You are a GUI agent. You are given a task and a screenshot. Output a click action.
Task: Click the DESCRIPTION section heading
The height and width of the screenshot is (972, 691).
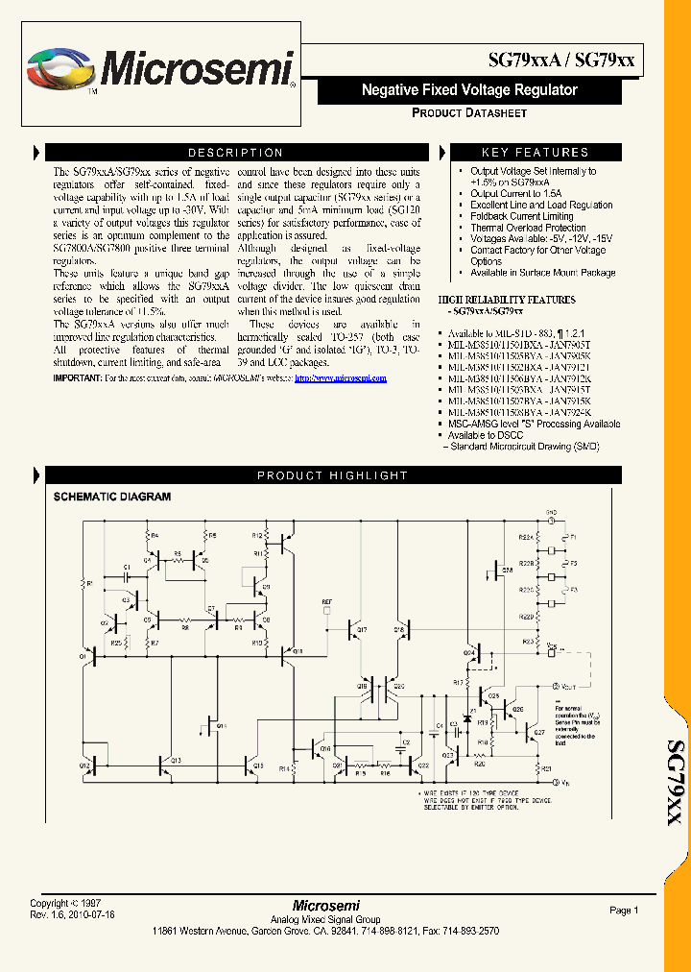pos(235,153)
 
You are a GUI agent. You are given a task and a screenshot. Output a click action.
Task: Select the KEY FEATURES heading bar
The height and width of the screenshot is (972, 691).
pos(535,153)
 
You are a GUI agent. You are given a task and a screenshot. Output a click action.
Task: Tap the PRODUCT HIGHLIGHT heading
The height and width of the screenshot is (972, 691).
pos(332,475)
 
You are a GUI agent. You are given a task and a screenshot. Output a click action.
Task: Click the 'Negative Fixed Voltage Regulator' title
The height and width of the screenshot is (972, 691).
pos(469,90)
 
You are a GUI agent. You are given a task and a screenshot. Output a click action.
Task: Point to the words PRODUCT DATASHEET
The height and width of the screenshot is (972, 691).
pos(469,113)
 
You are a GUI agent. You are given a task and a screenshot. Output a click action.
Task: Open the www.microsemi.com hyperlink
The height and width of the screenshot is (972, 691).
pos(341,378)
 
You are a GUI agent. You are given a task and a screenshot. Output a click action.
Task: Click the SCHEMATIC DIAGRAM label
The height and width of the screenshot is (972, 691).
pos(111,498)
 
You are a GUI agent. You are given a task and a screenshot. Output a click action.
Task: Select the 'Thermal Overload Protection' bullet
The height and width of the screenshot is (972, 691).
pos(528,228)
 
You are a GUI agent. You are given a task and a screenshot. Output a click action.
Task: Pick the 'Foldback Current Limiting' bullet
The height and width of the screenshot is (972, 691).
pos(521,216)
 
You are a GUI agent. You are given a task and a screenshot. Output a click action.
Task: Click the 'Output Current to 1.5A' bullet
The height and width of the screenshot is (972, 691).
pos(514,194)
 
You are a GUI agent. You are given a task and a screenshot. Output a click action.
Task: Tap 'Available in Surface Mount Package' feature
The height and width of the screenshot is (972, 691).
pos(542,273)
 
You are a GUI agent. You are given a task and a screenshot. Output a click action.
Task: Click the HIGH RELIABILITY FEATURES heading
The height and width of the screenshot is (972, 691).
pos(507,300)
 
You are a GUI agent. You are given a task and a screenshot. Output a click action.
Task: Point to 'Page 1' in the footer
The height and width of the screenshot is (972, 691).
pos(623,910)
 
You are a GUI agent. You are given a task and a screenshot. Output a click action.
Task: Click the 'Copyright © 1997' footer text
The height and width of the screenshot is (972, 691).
pos(64,904)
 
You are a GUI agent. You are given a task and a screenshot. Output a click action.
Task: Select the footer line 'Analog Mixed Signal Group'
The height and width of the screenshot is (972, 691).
pos(325,918)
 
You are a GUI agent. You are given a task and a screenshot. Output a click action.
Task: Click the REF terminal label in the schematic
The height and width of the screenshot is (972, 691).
pos(327,600)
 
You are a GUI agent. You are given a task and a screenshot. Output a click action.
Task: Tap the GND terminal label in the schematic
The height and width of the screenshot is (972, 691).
pos(551,513)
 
